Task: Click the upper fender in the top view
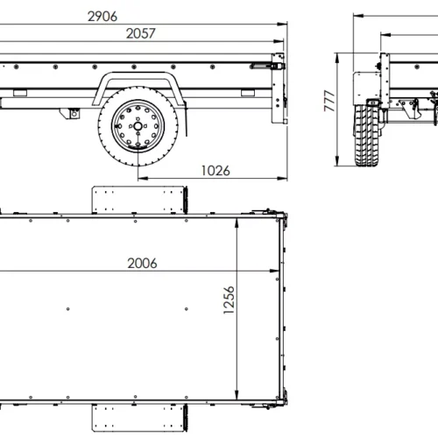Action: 140,198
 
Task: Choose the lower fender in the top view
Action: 140,418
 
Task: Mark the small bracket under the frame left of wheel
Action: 74,112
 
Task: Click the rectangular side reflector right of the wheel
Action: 248,91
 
